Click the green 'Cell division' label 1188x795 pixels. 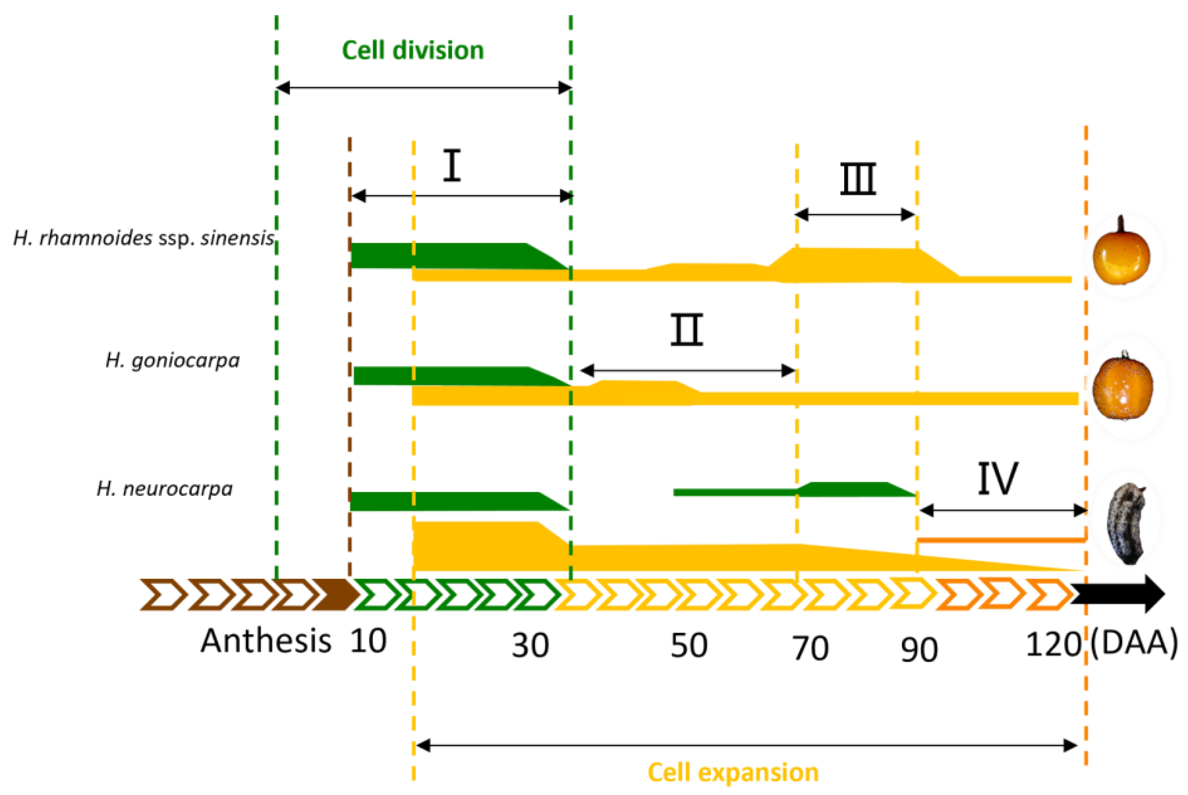413,50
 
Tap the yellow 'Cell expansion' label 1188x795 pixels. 733,773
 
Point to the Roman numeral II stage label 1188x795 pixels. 687,329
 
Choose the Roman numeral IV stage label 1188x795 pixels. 997,478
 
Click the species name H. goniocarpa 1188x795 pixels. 173,360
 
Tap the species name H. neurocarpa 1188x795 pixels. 165,489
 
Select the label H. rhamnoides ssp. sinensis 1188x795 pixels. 144,238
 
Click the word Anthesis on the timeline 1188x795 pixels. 266,641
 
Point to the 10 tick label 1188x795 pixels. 368,641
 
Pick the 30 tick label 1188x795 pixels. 531,646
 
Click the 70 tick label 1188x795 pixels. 810,648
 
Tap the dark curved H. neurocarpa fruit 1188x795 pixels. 1126,524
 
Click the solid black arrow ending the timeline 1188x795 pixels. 1118,594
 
